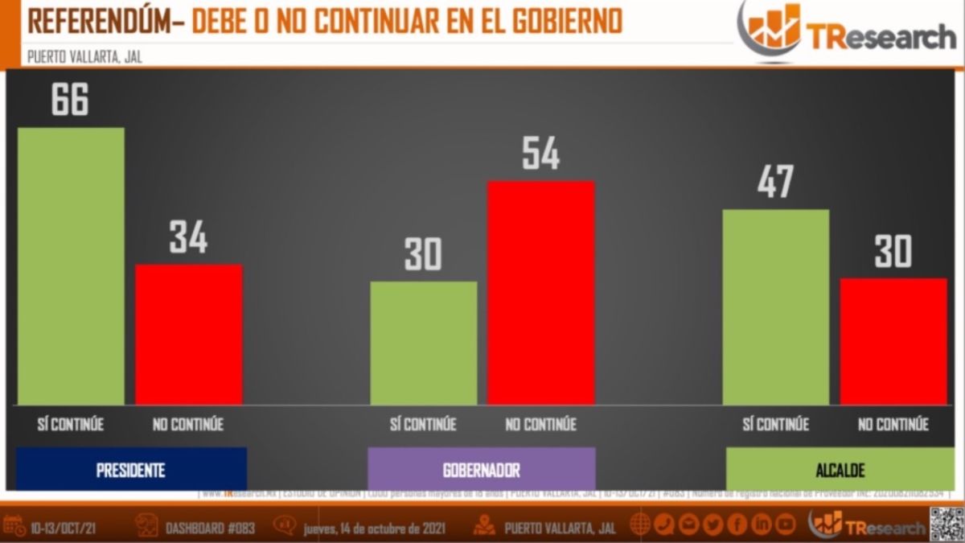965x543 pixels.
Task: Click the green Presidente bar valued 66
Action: coord(71,265)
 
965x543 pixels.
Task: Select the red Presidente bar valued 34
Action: coord(188,334)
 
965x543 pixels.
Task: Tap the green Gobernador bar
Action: coord(423,343)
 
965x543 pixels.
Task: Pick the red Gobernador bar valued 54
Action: coord(540,292)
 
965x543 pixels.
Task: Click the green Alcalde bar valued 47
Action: coord(775,306)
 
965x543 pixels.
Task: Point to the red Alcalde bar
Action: coord(893,341)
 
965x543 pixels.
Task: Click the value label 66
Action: coord(70,99)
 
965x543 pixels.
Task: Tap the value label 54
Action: coord(540,153)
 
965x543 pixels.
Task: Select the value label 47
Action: coord(775,183)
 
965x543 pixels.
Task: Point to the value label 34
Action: coord(188,237)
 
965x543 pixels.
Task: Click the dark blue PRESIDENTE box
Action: coord(131,470)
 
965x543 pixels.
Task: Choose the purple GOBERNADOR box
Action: coord(481,470)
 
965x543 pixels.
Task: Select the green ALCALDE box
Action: coord(840,470)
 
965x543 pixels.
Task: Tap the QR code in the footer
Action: coord(946,524)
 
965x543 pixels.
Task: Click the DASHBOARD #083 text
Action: coord(210,529)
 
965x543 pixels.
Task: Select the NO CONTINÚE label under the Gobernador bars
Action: coord(540,424)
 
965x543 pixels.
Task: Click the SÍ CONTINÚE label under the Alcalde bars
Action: coord(775,424)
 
